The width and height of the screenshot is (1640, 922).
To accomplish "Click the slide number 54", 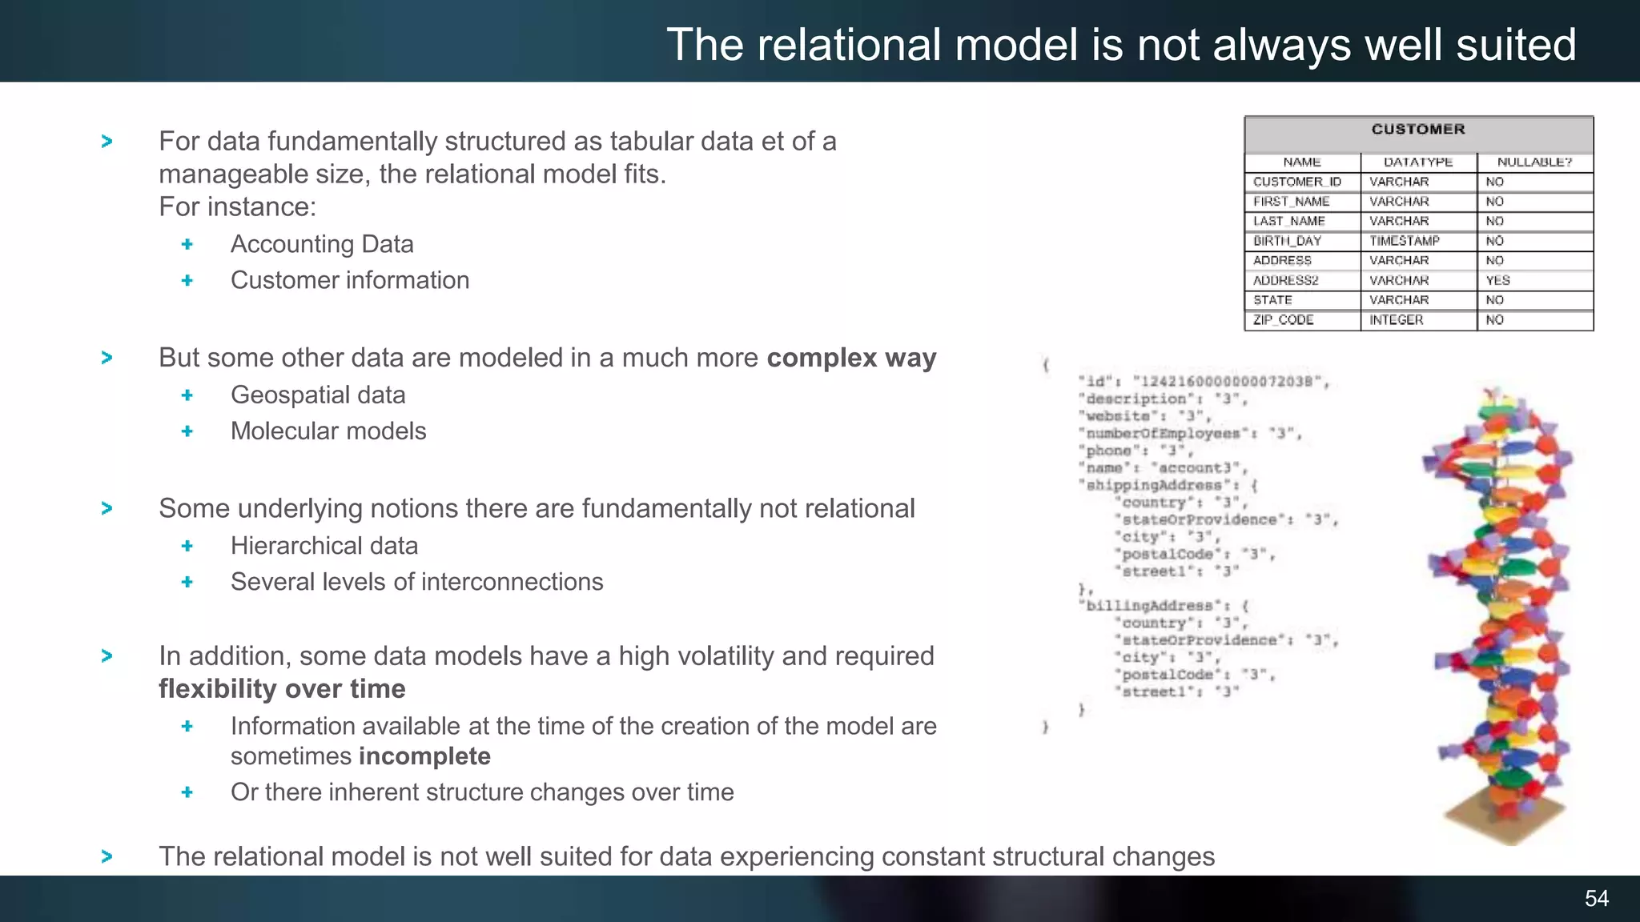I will (1596, 898).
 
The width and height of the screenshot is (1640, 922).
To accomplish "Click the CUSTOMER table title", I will (1418, 130).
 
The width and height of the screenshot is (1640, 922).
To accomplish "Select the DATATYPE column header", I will (1418, 162).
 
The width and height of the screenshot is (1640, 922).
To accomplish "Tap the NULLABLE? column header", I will (1534, 162).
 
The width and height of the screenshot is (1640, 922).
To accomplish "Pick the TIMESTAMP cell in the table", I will (1404, 241).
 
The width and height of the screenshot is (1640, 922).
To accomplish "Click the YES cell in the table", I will (1497, 280).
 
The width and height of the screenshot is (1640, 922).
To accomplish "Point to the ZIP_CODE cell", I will (1283, 319).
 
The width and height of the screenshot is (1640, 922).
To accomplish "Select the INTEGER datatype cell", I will (1396, 319).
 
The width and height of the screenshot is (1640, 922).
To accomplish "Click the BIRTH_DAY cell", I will (1287, 241).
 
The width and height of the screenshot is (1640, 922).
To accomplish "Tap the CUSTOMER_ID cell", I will (1296, 182).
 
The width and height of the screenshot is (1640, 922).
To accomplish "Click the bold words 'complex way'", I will (851, 358).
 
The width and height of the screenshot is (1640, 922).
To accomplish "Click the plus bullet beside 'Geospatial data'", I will (187, 395).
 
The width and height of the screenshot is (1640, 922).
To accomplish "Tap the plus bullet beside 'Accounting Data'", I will (187, 244).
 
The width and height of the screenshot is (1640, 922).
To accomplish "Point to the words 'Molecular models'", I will (328, 431).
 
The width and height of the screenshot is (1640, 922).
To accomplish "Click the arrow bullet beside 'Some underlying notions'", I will (107, 508).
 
